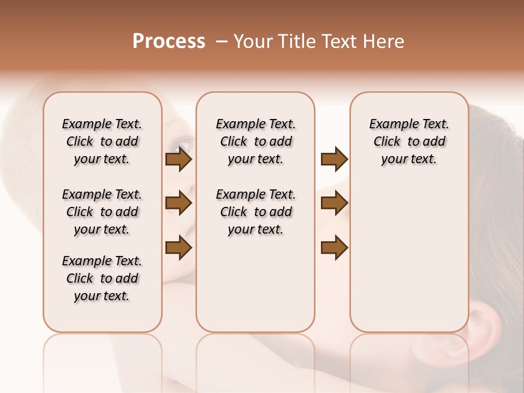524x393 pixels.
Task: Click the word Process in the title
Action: click(169, 41)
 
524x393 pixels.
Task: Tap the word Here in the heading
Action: click(384, 41)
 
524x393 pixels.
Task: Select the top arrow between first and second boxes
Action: click(178, 159)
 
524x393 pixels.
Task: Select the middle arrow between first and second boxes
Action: click(178, 204)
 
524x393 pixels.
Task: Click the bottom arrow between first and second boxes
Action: click(178, 248)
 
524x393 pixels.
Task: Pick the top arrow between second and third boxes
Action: click(334, 159)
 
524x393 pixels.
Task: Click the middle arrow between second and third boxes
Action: click(334, 204)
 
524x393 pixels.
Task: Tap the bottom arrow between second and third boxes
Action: click(334, 248)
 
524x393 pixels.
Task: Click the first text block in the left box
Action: click(102, 141)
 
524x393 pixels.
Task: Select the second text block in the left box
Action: click(102, 212)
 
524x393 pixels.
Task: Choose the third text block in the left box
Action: click(102, 278)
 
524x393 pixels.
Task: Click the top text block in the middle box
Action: click(255, 141)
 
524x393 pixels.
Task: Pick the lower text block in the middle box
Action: click(255, 212)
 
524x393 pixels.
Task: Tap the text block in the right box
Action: click(409, 141)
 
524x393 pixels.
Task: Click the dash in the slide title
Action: click(221, 41)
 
